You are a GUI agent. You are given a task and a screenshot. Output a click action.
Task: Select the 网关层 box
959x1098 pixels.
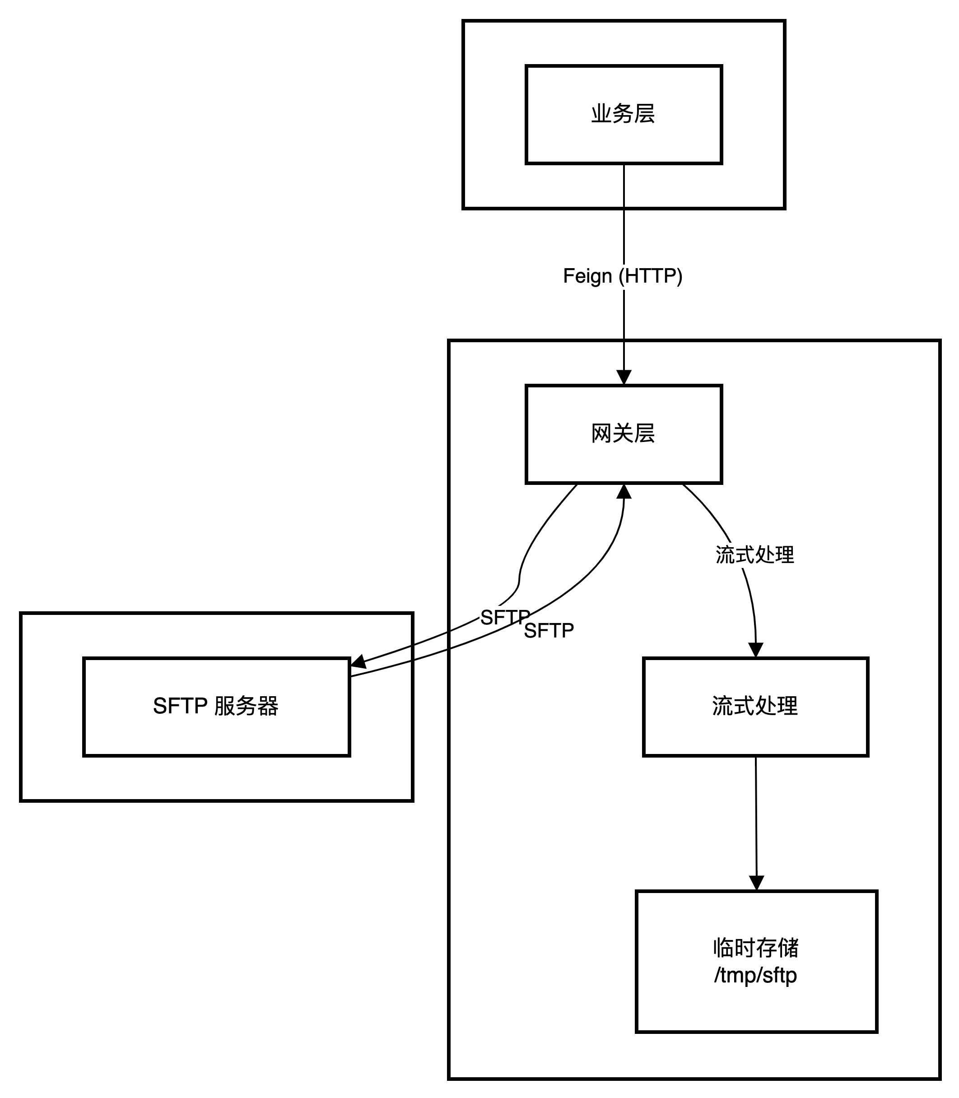point(624,434)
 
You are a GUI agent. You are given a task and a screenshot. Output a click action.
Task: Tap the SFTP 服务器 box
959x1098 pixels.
point(216,706)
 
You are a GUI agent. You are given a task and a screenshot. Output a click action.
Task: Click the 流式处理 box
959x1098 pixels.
point(755,706)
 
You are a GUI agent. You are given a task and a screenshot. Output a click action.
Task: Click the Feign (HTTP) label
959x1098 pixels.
point(624,276)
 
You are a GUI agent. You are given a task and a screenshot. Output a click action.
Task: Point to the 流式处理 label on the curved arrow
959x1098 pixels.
point(754,555)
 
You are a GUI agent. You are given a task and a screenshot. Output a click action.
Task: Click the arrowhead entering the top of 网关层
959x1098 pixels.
point(624,377)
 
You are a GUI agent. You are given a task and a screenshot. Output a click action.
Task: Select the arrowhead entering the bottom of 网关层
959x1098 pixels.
point(624,491)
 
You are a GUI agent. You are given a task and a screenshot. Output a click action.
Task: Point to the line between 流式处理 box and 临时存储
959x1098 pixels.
point(756,819)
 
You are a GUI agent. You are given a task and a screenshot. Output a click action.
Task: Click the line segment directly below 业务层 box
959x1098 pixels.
point(624,185)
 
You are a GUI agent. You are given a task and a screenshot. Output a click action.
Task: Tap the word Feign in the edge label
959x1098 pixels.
point(587,276)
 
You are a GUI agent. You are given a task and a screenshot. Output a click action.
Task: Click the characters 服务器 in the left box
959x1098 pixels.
point(246,706)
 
